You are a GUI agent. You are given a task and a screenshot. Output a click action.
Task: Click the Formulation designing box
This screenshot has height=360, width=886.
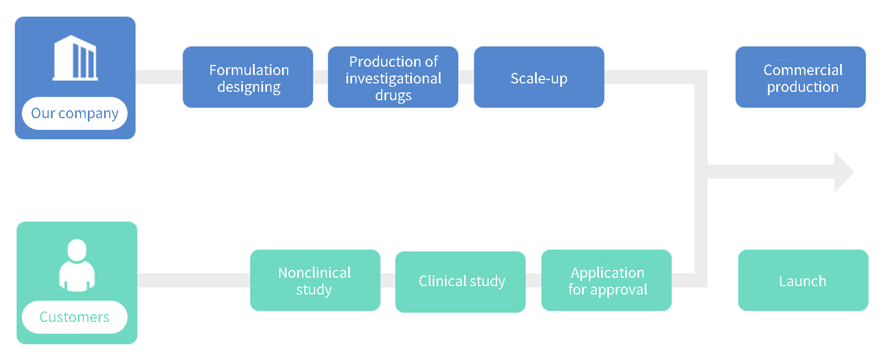248,77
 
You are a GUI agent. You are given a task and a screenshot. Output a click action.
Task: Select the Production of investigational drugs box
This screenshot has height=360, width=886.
393,77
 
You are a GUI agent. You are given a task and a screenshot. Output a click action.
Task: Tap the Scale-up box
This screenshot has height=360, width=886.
539,77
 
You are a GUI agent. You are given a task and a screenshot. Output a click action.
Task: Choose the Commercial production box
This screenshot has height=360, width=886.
800,77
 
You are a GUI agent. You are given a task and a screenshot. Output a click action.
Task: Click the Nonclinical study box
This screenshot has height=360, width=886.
315,280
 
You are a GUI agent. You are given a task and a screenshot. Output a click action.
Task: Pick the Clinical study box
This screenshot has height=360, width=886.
461,282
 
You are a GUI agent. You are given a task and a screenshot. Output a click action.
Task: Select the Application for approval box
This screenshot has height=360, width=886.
606,280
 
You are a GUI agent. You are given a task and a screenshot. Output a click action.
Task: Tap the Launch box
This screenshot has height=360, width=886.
803,280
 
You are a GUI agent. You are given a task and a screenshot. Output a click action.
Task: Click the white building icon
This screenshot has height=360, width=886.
75,58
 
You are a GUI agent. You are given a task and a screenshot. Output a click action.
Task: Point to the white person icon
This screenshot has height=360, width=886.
77,265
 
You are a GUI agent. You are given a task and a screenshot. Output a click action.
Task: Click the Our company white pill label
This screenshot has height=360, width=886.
75,113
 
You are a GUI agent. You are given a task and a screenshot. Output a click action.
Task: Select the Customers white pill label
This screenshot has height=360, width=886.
75,317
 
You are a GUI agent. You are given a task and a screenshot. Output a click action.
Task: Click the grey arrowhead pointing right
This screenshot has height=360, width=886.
844,172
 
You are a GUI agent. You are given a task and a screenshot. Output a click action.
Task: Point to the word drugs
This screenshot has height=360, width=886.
393,95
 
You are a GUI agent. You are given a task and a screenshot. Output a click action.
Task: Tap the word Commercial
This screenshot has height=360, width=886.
803,70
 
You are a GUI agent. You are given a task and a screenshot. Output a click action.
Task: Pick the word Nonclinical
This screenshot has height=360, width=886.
315,273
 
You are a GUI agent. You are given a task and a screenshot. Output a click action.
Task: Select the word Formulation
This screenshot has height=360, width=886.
249,70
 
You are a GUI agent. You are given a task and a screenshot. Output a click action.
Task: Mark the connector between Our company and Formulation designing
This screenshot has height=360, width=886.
159,77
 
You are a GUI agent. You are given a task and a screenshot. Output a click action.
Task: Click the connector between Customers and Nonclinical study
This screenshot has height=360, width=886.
194,280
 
